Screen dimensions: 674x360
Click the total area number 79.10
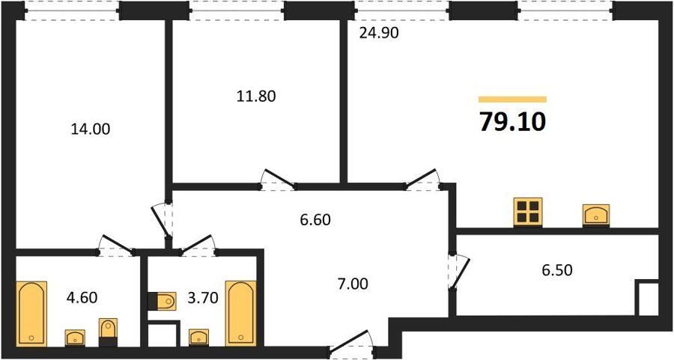[512, 121]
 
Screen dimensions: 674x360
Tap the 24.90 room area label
[379, 33]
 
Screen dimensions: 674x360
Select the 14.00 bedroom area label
[91, 129]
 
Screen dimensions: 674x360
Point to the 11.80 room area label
[256, 97]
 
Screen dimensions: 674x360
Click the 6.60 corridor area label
[315, 220]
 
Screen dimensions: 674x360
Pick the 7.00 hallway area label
[353, 284]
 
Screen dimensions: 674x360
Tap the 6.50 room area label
[556, 270]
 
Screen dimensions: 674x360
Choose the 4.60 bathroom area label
[82, 297]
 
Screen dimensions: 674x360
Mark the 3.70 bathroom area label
[203, 297]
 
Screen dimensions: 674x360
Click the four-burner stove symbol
[528, 212]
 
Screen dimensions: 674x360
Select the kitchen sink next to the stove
[596, 215]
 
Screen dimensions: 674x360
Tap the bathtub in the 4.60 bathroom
[31, 313]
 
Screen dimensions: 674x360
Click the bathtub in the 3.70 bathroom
[241, 313]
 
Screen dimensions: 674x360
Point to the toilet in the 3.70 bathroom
[162, 301]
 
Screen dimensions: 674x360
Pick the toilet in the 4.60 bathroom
[108, 332]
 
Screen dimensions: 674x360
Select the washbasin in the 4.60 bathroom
[75, 338]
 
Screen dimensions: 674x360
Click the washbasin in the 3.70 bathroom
[198, 338]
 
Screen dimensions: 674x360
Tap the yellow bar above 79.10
[512, 100]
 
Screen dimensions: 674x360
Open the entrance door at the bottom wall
[352, 343]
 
